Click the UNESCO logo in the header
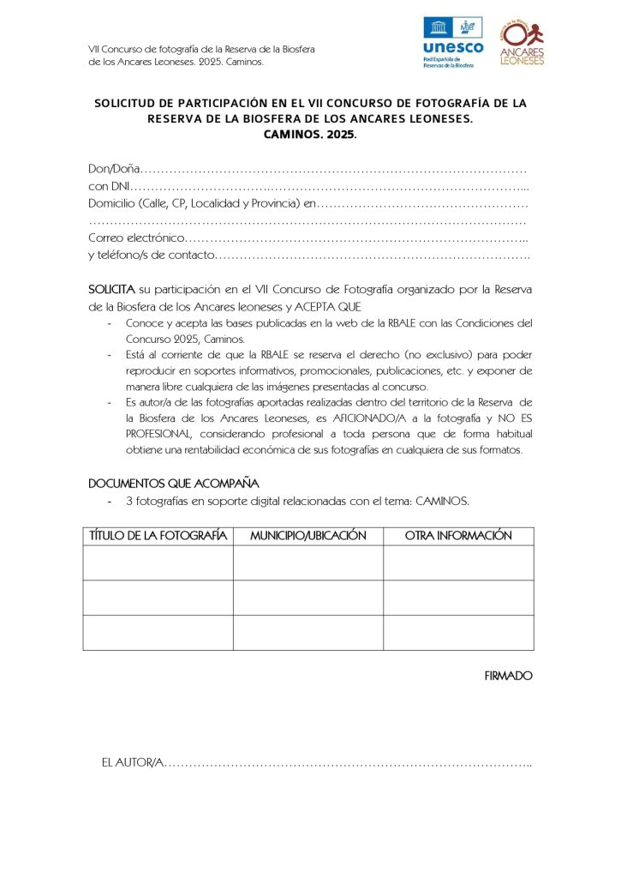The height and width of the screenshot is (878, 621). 452,41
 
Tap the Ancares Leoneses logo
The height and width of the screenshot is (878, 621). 522,42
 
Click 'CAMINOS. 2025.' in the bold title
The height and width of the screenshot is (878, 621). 310,135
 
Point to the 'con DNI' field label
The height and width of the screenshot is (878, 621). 109,186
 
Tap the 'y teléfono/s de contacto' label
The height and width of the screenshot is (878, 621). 151,255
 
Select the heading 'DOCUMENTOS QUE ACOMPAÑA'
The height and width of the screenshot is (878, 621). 174,483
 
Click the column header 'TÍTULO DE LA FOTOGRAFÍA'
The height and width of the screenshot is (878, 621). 158,536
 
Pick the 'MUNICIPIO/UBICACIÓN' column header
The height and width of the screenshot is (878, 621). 308,536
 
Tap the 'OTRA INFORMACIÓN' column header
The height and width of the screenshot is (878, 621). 458,536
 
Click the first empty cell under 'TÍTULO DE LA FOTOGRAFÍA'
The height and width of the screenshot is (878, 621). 158,562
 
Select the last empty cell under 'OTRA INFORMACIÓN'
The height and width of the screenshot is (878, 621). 458,632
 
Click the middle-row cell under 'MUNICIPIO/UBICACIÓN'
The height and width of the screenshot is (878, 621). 308,598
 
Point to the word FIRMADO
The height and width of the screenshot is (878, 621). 509,676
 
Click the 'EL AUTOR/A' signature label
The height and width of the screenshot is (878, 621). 131,762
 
